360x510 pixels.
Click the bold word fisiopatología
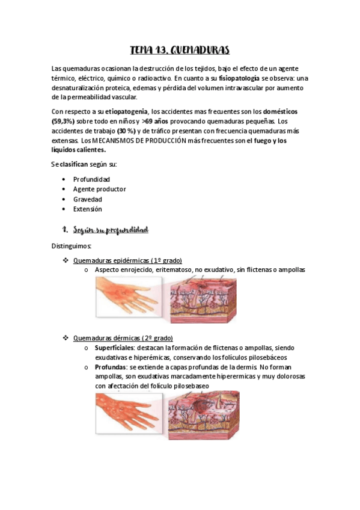(240, 78)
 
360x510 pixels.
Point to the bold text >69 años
(157, 121)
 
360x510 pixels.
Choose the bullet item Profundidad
(91, 179)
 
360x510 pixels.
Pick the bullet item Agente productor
(99, 189)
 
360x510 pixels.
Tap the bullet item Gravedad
(88, 199)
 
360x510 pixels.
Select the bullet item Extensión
(88, 209)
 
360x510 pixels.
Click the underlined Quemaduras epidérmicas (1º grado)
(127, 260)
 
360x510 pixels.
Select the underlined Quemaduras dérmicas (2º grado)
(123, 338)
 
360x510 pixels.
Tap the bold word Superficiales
(115, 348)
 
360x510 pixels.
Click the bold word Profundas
(111, 367)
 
